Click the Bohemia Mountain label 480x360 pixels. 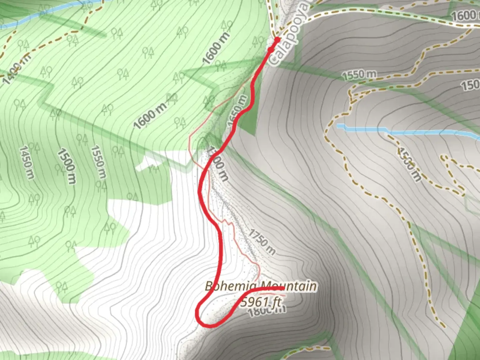pos(260,286)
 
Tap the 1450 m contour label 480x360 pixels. pos(26,162)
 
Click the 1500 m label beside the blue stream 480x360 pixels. pos(409,165)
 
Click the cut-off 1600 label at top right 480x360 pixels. pos(465,15)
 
